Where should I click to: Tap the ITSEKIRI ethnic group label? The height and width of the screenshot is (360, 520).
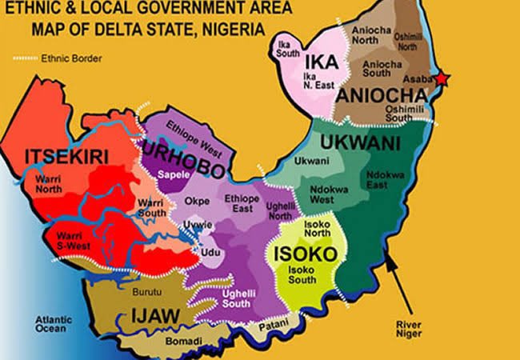(66, 155)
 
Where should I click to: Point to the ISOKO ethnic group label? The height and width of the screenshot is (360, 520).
(305, 254)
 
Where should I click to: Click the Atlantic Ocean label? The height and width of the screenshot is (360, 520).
(54, 324)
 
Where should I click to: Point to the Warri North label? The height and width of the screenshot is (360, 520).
(53, 184)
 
